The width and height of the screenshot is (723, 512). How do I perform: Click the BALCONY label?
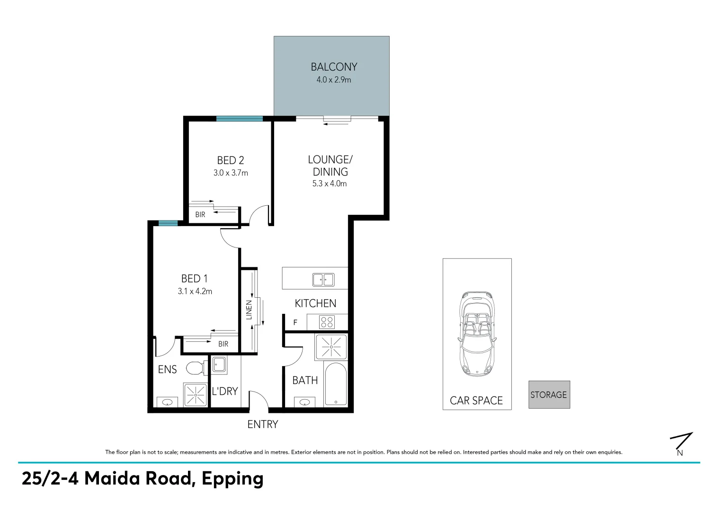(334, 67)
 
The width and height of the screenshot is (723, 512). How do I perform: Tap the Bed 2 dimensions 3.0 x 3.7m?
(231, 173)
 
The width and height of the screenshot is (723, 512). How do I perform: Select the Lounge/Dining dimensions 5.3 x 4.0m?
(330, 183)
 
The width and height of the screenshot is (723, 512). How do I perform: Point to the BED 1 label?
(195, 279)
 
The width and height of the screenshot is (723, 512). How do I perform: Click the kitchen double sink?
(323, 280)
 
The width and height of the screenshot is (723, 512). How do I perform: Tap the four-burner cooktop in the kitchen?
(327, 322)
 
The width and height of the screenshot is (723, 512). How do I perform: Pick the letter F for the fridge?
(295, 323)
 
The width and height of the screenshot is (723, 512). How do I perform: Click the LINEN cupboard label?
(249, 310)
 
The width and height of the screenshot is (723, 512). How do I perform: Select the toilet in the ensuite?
(195, 367)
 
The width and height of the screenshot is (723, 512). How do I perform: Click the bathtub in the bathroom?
(336, 384)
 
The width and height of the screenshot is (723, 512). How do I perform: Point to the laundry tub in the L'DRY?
(219, 364)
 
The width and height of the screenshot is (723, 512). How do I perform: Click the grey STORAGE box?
(549, 394)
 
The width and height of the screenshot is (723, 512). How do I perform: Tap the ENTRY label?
(263, 424)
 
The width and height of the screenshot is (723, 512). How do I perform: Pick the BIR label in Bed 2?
(200, 215)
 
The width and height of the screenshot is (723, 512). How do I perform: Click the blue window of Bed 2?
(239, 119)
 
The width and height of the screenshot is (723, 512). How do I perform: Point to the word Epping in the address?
(232, 479)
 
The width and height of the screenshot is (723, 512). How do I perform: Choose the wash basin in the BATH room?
(304, 402)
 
